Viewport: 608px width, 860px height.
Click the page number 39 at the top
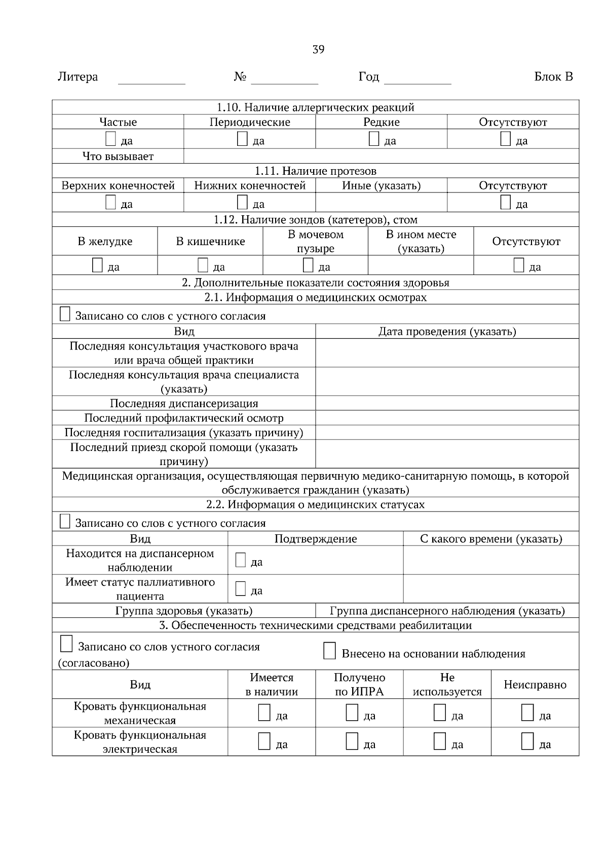tap(318, 50)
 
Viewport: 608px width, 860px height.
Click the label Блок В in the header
tap(553, 77)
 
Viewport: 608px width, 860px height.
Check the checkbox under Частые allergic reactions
tap(110, 139)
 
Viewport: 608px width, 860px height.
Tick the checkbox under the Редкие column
tap(374, 139)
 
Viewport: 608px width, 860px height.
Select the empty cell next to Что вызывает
tap(381, 156)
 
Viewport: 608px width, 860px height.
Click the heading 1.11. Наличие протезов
tap(315, 171)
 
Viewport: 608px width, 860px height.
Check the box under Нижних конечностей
tap(242, 203)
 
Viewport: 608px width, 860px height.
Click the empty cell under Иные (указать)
tap(381, 203)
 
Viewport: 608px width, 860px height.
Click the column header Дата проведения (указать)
tap(447, 332)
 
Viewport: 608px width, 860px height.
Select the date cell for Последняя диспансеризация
tap(447, 403)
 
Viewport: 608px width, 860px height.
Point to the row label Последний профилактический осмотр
tap(183, 418)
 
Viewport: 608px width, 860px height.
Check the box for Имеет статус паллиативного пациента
tap(241, 589)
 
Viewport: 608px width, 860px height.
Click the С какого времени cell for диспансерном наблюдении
tap(490, 560)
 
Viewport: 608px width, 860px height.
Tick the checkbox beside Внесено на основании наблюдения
tap(329, 651)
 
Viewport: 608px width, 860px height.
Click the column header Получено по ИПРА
tap(359, 685)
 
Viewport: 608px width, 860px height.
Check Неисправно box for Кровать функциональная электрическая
tap(527, 741)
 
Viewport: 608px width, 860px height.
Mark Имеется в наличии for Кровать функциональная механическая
tap(264, 713)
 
